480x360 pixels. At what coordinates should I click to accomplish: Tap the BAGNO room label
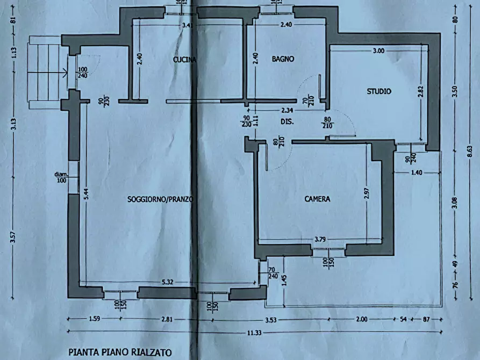pos(283,60)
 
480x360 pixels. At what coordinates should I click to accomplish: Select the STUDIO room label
pos(379,91)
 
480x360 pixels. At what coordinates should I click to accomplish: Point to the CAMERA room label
pos(317,199)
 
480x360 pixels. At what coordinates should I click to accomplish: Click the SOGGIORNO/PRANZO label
pos(160,199)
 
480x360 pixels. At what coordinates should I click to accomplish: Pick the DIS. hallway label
pos(286,122)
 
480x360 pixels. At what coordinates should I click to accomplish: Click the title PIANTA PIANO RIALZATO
pos(120,352)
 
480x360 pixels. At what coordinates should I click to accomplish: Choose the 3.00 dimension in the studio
pos(378,51)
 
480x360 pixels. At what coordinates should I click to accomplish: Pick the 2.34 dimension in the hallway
pos(288,111)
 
